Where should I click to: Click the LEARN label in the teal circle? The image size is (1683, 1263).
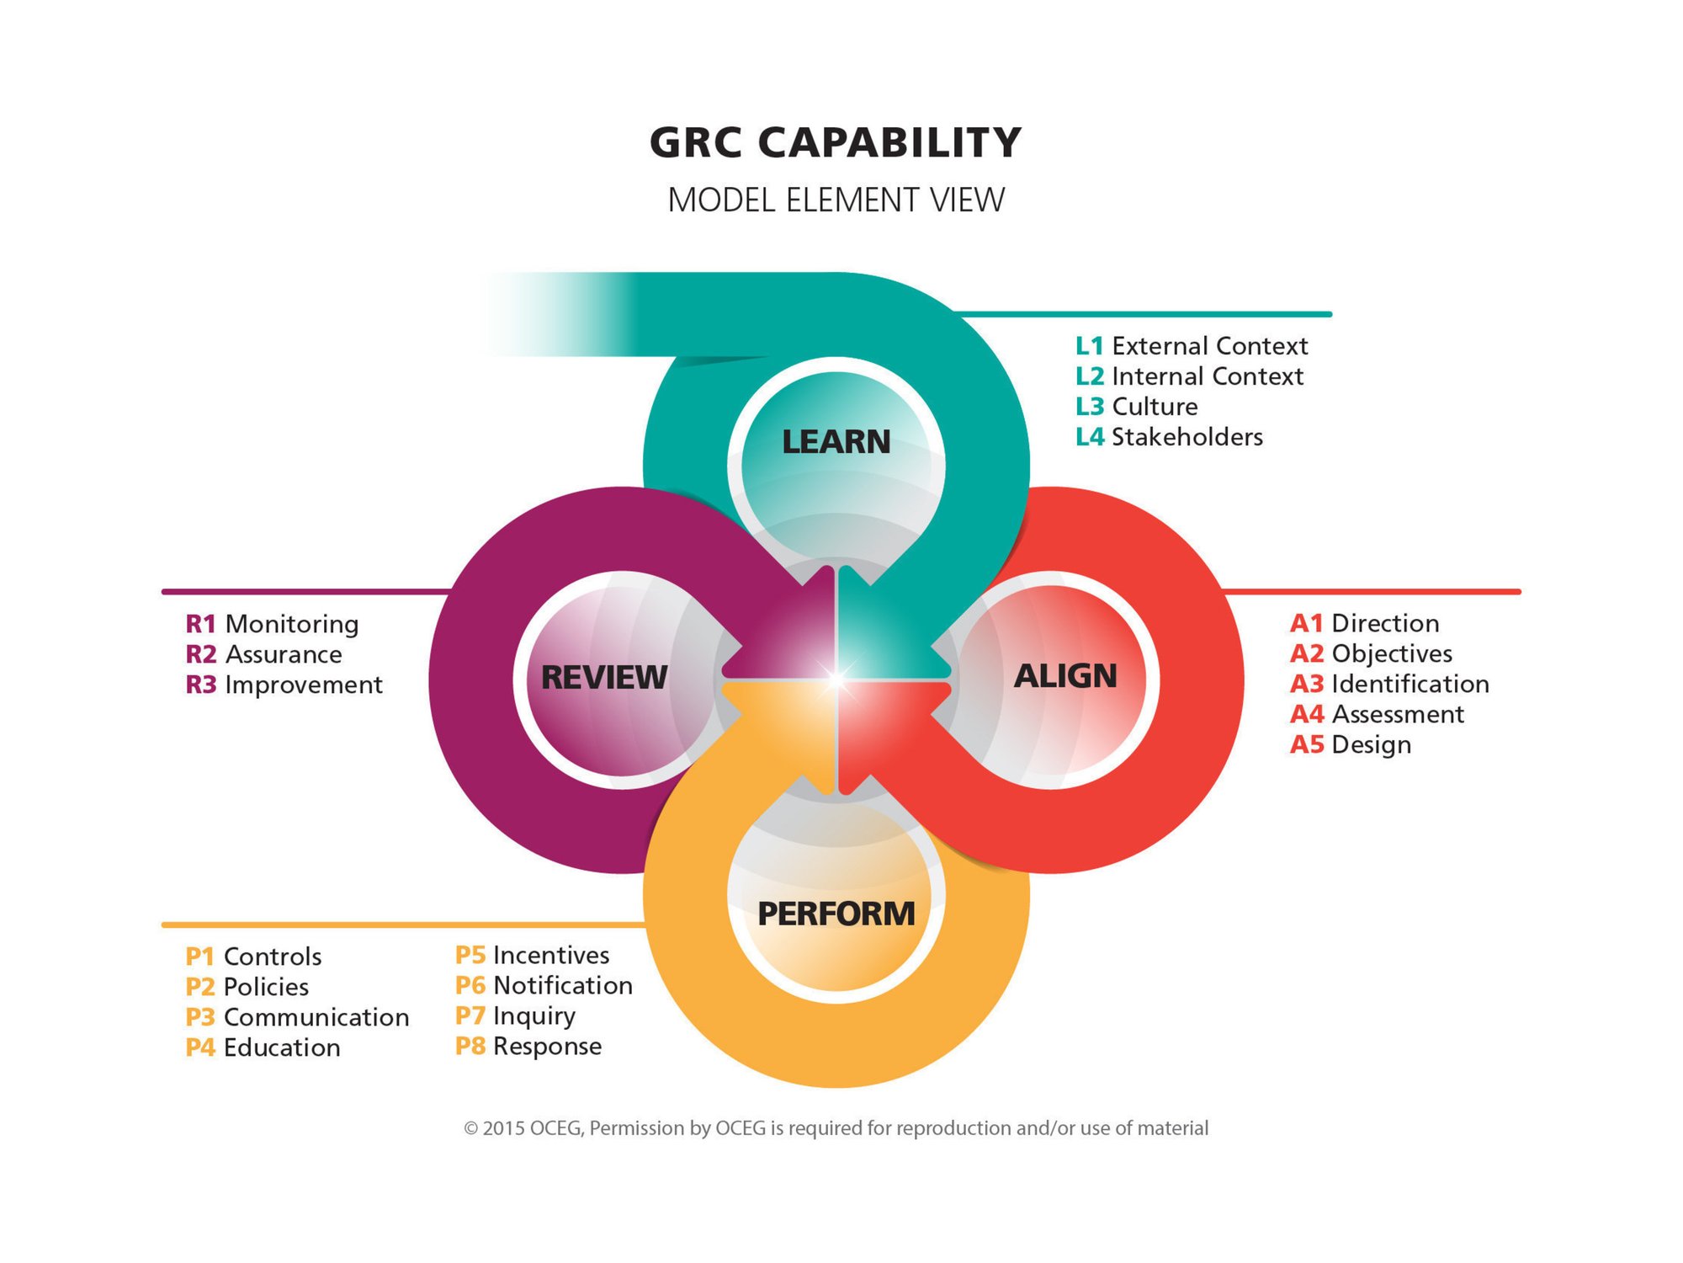point(836,442)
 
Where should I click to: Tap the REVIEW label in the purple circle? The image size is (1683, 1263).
point(603,677)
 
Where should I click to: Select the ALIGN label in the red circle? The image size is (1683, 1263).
point(1065,675)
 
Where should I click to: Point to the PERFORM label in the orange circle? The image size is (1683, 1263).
point(836,914)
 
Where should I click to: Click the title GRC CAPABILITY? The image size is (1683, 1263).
point(836,142)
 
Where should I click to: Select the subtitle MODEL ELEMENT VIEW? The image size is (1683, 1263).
point(836,200)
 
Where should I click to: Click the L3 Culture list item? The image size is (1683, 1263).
point(1137,407)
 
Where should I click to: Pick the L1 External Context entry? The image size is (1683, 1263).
point(1192,346)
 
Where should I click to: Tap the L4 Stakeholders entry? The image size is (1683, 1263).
point(1169,437)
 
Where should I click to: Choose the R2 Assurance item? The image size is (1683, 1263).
point(264,654)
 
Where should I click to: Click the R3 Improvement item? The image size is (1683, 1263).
point(284,685)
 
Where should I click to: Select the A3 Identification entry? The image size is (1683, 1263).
point(1389,684)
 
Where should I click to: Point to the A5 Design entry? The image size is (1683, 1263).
point(1351,744)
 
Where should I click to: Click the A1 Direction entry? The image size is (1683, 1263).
point(1364,623)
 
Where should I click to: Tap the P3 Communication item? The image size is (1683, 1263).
point(297,1017)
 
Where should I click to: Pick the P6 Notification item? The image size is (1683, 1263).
point(544,985)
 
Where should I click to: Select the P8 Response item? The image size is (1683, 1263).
point(528,1046)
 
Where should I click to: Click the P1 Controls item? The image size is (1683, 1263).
point(253,957)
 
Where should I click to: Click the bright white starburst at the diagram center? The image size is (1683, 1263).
point(836,679)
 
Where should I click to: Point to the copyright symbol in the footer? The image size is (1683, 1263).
point(471,1128)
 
